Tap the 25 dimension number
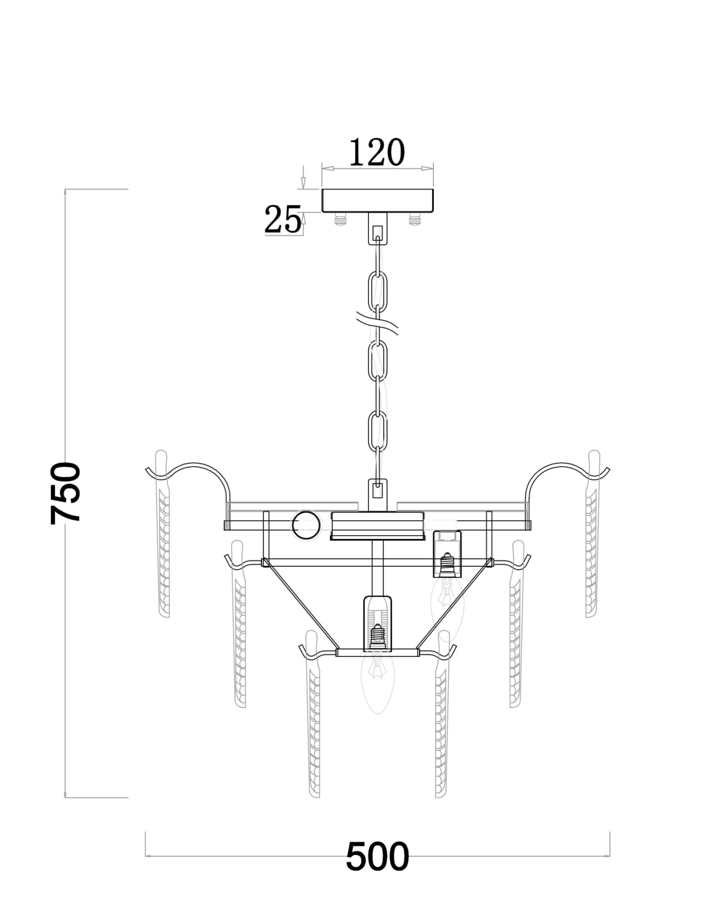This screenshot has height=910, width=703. (x=283, y=220)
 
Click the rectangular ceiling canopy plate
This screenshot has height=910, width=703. (x=377, y=201)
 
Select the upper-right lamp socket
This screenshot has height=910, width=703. (x=447, y=553)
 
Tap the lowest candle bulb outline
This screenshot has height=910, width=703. (x=376, y=682)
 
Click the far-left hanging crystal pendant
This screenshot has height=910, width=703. (x=163, y=537)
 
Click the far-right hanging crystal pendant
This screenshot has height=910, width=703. (x=592, y=537)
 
